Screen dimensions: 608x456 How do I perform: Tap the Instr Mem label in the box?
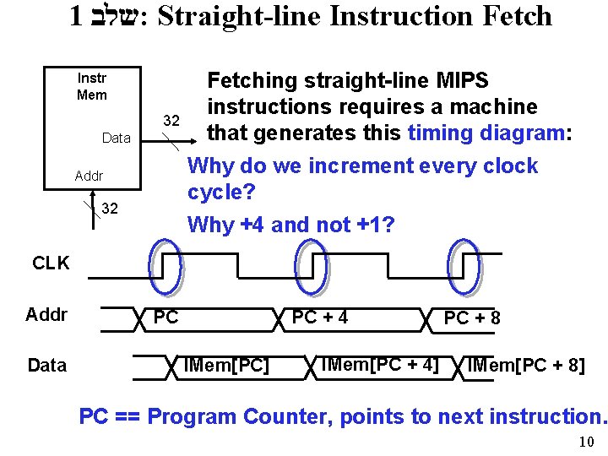point(91,86)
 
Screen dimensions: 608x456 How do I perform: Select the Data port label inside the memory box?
point(117,138)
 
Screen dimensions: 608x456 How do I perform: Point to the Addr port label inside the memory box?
point(89,176)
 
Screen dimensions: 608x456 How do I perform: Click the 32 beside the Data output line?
point(171,121)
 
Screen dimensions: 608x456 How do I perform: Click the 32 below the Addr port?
point(110,209)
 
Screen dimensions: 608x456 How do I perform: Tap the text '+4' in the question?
point(251,225)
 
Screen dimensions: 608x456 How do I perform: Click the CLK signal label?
point(51,263)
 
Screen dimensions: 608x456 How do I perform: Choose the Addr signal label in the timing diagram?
point(46,316)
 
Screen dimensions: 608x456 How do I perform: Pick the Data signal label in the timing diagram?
point(46,365)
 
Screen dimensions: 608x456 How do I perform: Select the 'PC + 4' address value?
point(320,318)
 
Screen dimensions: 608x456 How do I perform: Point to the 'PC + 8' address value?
point(472,318)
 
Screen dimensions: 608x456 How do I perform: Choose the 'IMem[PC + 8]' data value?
point(525,366)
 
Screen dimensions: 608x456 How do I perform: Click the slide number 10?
point(587,442)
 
